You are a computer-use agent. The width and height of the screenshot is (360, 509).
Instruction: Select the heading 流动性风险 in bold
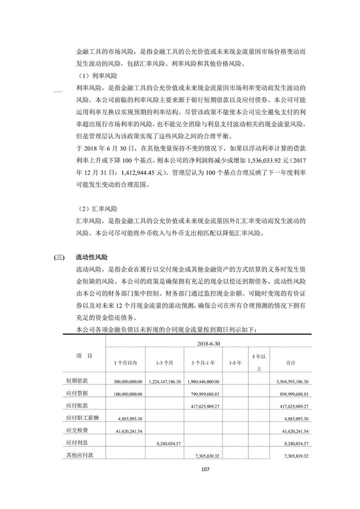(92, 257)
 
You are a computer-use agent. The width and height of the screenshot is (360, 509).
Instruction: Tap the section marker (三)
(59, 257)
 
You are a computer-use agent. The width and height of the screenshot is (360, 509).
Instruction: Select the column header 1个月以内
(125, 363)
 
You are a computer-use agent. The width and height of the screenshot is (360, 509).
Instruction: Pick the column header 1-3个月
(164, 363)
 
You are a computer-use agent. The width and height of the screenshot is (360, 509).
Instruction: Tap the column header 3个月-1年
(203, 363)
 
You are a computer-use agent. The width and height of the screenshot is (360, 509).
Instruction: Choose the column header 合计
(290, 363)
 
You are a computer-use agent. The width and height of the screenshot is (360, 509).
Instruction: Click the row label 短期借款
(77, 381)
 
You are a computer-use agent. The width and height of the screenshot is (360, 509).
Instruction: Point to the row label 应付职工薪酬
(82, 418)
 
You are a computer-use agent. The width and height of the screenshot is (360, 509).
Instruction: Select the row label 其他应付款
(79, 455)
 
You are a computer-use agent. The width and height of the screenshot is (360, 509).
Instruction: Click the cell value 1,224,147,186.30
(165, 382)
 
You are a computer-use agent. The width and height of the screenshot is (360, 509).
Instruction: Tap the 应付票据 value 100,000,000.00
(128, 394)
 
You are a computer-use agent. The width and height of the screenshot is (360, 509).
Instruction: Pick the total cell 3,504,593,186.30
(292, 382)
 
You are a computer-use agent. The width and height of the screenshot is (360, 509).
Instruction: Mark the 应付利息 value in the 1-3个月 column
(169, 444)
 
